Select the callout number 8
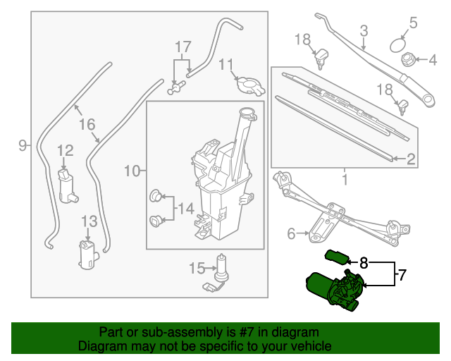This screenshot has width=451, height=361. coord(364,263)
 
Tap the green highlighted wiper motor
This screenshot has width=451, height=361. coord(332,290)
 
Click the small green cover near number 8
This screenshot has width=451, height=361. coord(335,255)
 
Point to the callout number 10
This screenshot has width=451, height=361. coord(131,171)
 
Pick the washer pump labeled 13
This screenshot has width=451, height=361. coord(88,255)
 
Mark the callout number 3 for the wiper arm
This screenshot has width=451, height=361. coord(364,30)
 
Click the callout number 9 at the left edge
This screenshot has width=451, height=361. coord(23,145)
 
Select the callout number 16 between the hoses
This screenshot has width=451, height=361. coord(87,124)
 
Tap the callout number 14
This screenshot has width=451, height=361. coord(185,208)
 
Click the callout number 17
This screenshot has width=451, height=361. coord(183,48)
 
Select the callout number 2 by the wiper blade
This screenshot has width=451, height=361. coord(411,158)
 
